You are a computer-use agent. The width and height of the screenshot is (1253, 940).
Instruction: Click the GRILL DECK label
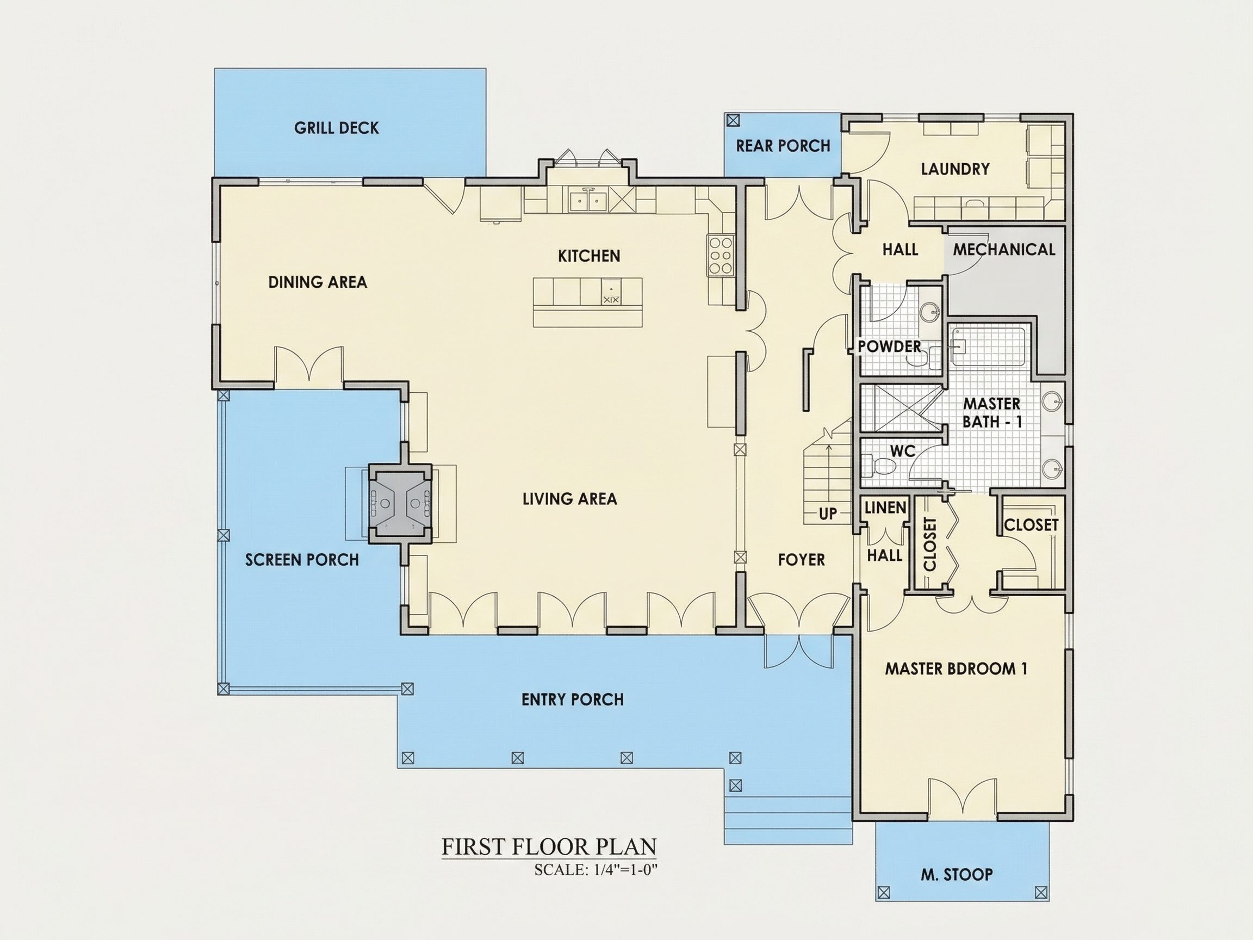pos(337,128)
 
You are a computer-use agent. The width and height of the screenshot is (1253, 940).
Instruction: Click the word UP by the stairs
pos(828,514)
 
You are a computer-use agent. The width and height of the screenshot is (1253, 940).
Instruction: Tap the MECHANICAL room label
pos(1004,249)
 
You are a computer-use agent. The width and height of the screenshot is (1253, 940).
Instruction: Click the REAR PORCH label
pos(783,146)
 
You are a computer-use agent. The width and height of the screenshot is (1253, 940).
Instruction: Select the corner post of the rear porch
pos(733,120)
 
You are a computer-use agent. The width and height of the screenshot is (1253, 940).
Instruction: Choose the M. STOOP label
pos(956,875)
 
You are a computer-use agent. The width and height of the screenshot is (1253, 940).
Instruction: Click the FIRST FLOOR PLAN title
pos(549,847)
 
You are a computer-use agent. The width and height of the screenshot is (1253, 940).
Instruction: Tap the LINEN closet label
pos(885,508)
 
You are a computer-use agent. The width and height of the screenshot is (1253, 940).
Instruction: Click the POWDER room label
pos(889,346)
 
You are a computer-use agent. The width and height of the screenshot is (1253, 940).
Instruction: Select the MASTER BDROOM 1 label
pos(956,669)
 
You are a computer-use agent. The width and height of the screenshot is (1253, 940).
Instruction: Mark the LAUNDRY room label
pos(955,169)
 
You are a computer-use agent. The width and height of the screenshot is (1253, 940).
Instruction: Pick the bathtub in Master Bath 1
pos(987,346)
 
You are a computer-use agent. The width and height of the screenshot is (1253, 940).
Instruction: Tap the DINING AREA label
pos(317,282)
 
